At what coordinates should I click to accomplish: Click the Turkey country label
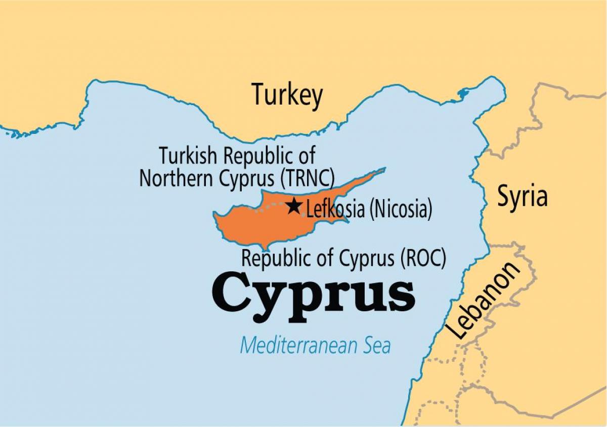point(287,94)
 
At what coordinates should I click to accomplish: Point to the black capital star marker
point(293,206)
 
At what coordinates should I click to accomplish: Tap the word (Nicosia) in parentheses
point(400,209)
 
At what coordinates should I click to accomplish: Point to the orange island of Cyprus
point(258,225)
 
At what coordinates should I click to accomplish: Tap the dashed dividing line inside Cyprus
point(268,206)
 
